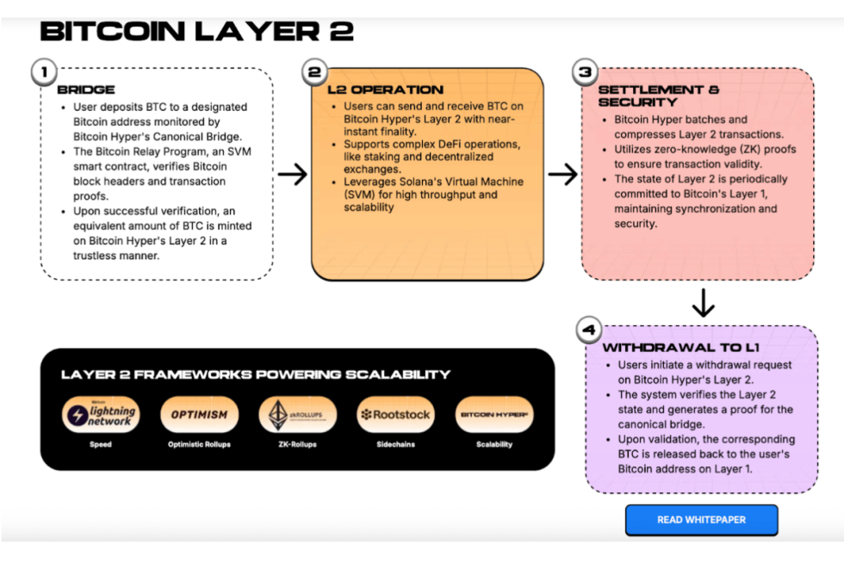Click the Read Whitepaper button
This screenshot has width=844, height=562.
pyautogui.click(x=701, y=520)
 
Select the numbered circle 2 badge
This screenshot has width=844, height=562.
pyautogui.click(x=315, y=72)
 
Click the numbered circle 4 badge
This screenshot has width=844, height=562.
pyautogui.click(x=589, y=329)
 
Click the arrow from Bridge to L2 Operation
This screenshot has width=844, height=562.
pyautogui.click(x=292, y=175)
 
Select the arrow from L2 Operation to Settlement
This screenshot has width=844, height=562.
pyautogui.click(x=562, y=175)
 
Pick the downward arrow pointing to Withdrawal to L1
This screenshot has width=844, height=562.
pyautogui.click(x=704, y=303)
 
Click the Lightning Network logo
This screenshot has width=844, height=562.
pyautogui.click(x=101, y=415)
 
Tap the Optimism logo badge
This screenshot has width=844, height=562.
pyautogui.click(x=199, y=415)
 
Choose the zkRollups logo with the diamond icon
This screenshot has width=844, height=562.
pyautogui.click(x=297, y=415)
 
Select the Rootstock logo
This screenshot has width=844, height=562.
pyautogui.click(x=395, y=415)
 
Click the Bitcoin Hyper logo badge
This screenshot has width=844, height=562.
pyautogui.click(x=493, y=415)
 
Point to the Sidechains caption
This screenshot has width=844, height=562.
pyautogui.click(x=395, y=445)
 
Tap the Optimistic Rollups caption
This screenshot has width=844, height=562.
pyautogui.click(x=199, y=445)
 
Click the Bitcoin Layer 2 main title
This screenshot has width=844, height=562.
pyautogui.click(x=196, y=32)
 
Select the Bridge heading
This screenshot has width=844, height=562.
pyautogui.click(x=86, y=90)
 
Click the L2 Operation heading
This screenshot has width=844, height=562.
pyautogui.click(x=385, y=90)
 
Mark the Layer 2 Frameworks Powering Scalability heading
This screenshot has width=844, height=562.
pyautogui.click(x=255, y=374)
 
